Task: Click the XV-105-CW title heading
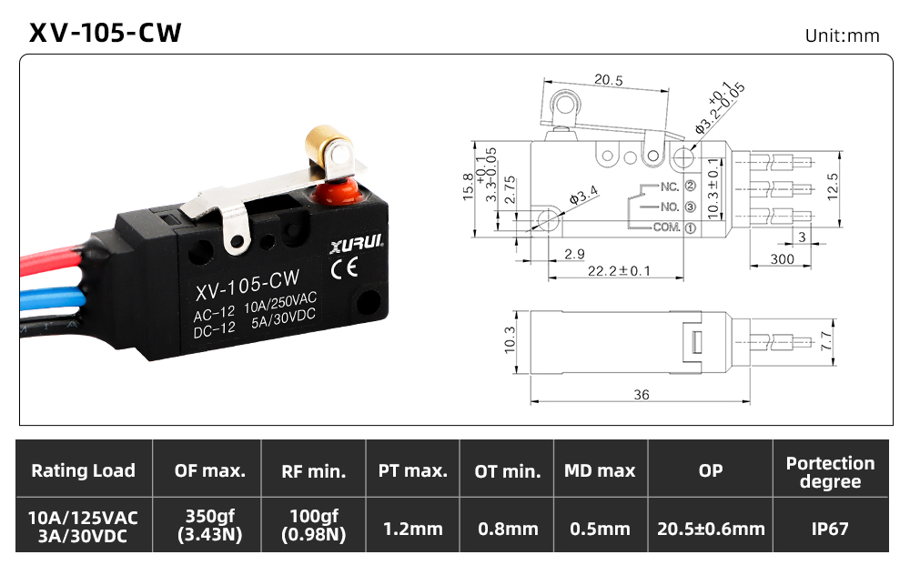[x=105, y=33]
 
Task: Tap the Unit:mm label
[x=842, y=36]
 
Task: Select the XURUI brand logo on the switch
[x=357, y=244]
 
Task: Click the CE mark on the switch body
[x=344, y=268]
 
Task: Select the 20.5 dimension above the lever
[x=608, y=80]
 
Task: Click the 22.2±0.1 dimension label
[x=619, y=271]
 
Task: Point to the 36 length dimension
[x=642, y=395]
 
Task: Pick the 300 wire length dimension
[x=782, y=258]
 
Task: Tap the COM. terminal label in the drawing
[x=666, y=227]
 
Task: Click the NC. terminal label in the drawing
[x=670, y=187]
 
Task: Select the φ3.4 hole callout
[x=582, y=195]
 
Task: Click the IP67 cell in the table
[x=830, y=529]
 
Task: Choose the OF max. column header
[x=209, y=470]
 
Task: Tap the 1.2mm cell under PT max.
[x=412, y=529]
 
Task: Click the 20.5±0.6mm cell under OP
[x=711, y=529]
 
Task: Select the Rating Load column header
[x=83, y=470]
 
